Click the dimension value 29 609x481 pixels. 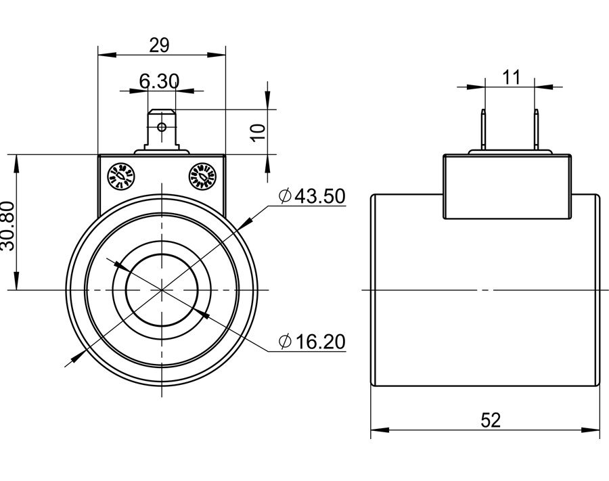click(x=159, y=45)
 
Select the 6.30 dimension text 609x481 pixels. click(x=159, y=82)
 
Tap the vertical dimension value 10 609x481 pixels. click(x=258, y=131)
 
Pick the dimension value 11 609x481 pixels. click(x=512, y=77)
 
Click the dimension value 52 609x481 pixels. click(x=491, y=420)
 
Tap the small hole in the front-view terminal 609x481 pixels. click(x=161, y=126)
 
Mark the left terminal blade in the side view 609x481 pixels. click(x=484, y=131)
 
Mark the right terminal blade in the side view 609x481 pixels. click(x=536, y=131)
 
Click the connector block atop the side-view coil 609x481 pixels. click(x=507, y=186)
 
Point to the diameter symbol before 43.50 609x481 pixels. click(x=285, y=196)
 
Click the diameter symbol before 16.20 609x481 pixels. click(x=285, y=342)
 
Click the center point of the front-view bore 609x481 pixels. click(x=162, y=290)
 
